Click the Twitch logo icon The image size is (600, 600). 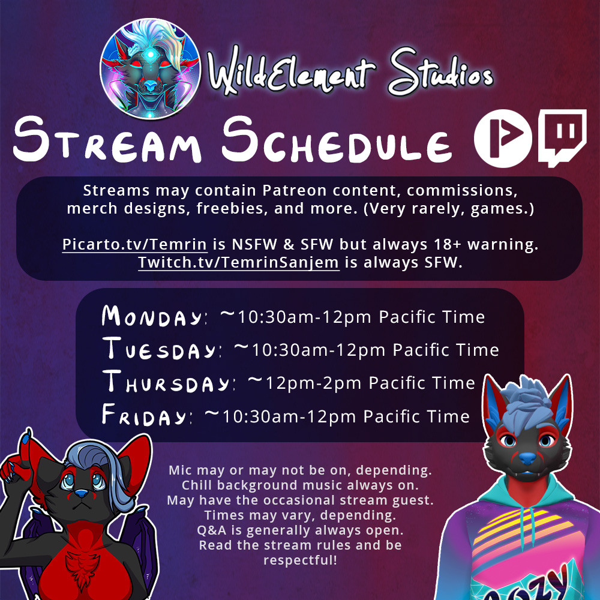click(562, 138)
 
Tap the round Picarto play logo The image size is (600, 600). click(503, 138)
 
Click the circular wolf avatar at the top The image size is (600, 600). click(151, 69)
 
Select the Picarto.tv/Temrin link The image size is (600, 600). click(134, 245)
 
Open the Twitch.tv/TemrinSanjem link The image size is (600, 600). click(238, 263)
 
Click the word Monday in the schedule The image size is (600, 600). click(152, 316)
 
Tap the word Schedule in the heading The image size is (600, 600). click(337, 140)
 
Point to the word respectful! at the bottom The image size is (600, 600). click(301, 560)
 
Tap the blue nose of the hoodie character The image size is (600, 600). click(527, 458)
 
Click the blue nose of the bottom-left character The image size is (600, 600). click(81, 494)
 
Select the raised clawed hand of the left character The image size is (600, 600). click(17, 459)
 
